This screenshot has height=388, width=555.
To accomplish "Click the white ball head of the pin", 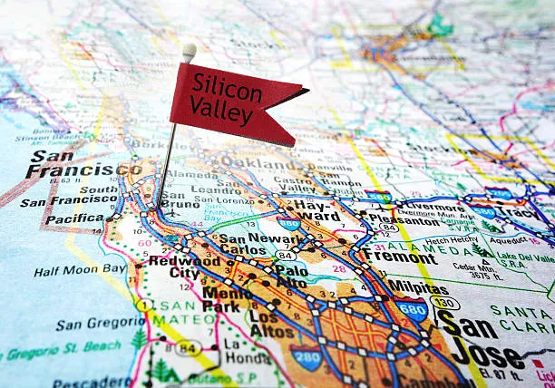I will [189, 51].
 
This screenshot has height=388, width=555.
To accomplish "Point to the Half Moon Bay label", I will [81, 270].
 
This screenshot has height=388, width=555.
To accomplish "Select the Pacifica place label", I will [74, 218].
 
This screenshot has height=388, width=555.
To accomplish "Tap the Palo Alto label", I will [291, 276].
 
